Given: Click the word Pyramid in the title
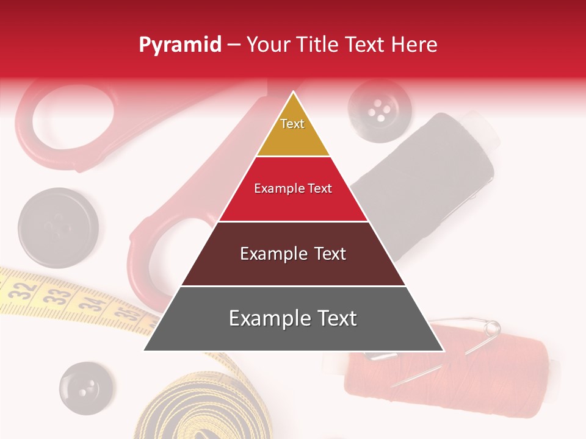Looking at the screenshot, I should pos(179,45).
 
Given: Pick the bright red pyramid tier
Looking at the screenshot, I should pos(293,189).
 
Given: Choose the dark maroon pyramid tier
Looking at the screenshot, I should pos(293,254).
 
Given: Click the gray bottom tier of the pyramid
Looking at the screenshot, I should pos(293,318).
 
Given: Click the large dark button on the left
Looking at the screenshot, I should pos(58,228).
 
